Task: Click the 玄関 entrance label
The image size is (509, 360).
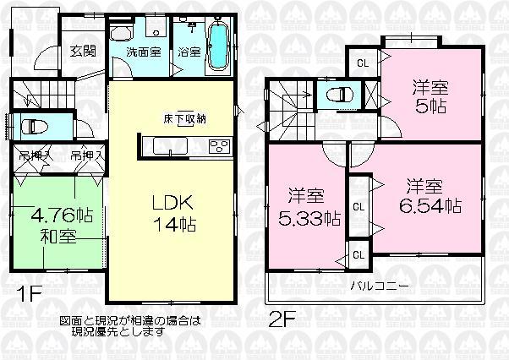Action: (82, 51)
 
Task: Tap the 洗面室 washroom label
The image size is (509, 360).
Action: (143, 52)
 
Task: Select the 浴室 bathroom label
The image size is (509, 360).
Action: (189, 52)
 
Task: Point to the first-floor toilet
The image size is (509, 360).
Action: (36, 127)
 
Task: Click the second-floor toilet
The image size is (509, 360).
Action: (342, 94)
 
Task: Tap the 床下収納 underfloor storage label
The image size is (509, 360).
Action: (185, 119)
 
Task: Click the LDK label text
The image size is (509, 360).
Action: (174, 203)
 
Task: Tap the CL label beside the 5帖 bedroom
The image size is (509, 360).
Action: (362, 62)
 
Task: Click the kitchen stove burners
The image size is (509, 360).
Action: (217, 147)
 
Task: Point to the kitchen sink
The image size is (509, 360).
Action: (167, 148)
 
